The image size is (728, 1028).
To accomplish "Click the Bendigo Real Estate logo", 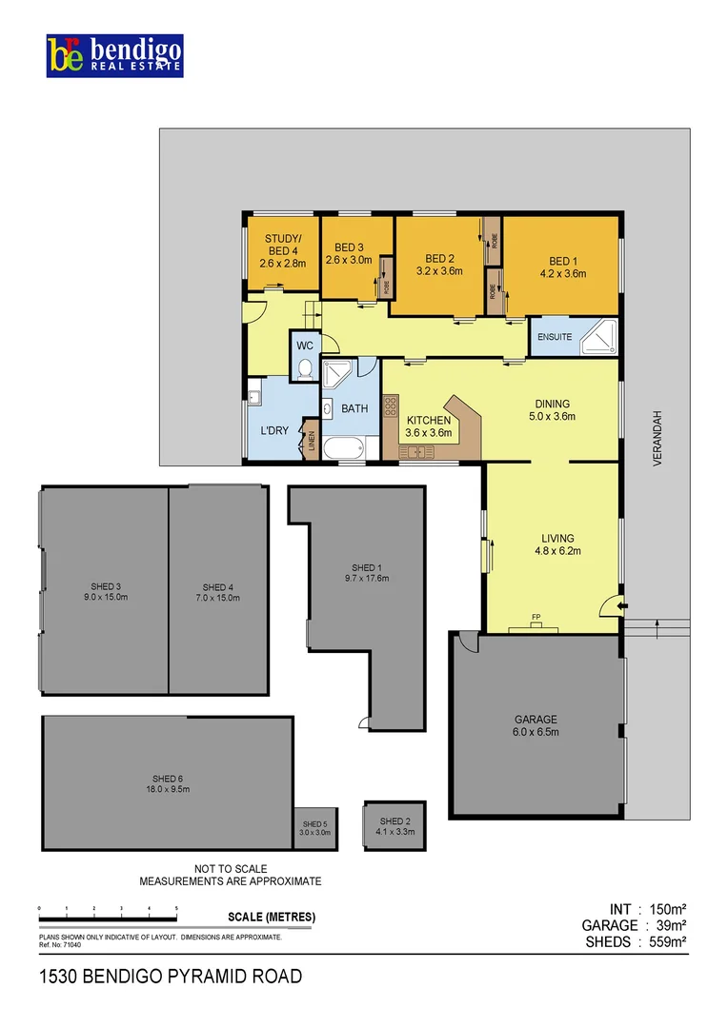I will point(114,56).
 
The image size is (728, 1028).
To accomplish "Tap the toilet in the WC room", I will point(305,369).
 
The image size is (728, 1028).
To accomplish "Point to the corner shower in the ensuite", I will point(602,338).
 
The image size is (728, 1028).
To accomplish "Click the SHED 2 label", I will point(394,825).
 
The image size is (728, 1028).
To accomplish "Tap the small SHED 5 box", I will point(314,828).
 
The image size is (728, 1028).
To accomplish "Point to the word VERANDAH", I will point(657,439).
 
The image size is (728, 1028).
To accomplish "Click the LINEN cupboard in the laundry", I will point(312,441).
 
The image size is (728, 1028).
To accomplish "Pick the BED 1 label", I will point(562,267).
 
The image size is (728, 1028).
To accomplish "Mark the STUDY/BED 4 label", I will point(283,250).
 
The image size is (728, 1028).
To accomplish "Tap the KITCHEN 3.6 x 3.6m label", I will point(429,425).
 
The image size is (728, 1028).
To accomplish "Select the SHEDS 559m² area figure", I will point(636,941).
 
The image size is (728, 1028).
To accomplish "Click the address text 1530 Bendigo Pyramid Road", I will point(172,976).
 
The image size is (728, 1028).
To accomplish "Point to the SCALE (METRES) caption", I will point(273,918).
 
